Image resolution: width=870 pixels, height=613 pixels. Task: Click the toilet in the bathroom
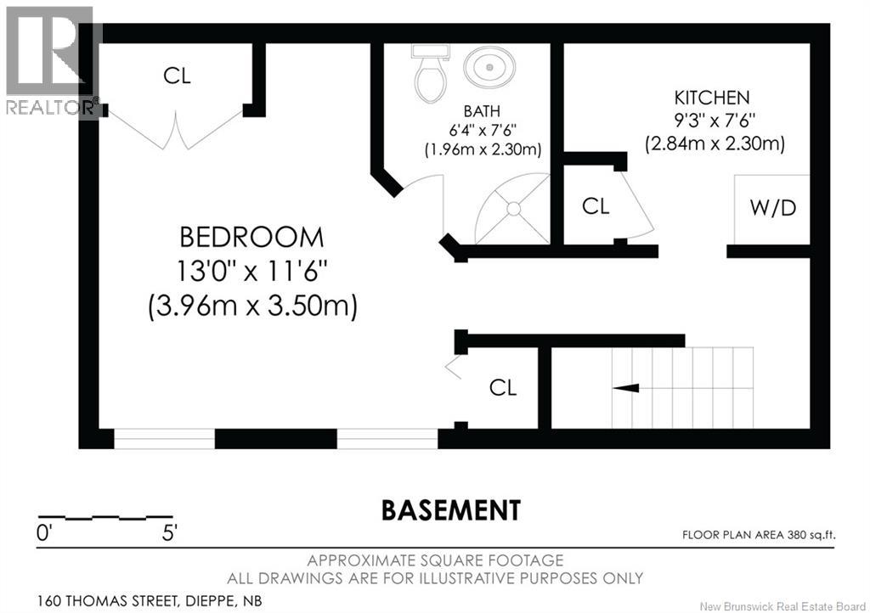coord(430,75)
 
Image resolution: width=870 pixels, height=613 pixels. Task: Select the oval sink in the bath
coord(489,66)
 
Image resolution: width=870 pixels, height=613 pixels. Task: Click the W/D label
coord(773,207)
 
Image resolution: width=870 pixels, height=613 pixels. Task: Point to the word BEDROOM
coord(251,238)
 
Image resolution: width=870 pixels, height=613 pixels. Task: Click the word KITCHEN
coord(712,97)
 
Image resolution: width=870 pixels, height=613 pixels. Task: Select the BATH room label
coord(481,111)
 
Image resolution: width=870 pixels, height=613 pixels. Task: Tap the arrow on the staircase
coord(627,388)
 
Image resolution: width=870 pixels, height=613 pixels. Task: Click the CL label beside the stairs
coord(503,388)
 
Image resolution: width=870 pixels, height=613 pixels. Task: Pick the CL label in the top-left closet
coord(178,76)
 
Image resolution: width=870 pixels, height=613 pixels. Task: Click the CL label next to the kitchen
coord(596,206)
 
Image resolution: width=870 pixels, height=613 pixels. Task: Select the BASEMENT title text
coord(450,510)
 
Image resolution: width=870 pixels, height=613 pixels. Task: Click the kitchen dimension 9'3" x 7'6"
coord(714,121)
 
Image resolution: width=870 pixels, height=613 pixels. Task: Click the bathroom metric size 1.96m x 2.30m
coord(483,149)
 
